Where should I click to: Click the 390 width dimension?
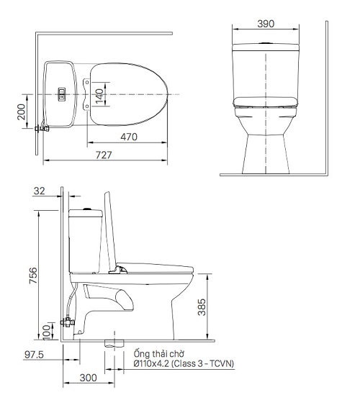tap(265, 24)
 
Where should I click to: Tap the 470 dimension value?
tap(130, 135)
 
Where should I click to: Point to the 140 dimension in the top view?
tap(101, 94)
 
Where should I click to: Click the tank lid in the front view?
tap(265, 48)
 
